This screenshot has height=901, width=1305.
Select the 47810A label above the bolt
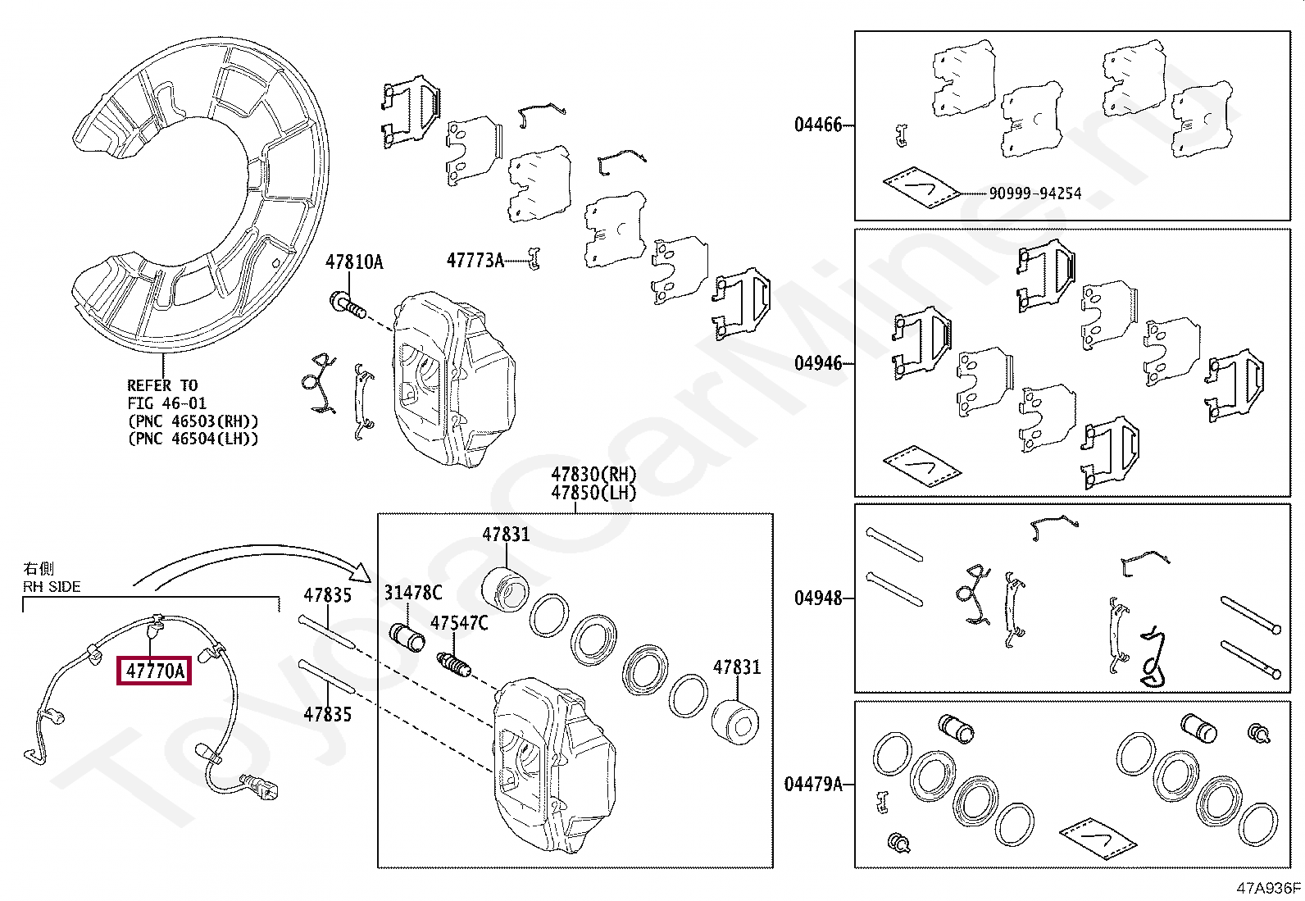(x=354, y=262)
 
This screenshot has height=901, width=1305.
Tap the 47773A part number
(x=475, y=261)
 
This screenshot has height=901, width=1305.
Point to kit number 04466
(x=817, y=125)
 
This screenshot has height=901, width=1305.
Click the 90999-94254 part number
(x=1034, y=194)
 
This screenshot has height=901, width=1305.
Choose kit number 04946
(x=817, y=363)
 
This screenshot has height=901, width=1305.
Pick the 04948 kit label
(x=817, y=598)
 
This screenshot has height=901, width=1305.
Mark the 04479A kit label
(x=813, y=785)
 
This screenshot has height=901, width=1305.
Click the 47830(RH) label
(x=593, y=474)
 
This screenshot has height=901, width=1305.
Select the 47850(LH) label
(x=593, y=493)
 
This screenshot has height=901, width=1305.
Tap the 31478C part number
(x=413, y=593)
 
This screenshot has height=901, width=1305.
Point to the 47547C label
(x=459, y=624)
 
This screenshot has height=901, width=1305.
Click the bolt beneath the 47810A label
(x=346, y=304)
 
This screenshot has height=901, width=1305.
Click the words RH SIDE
(x=52, y=587)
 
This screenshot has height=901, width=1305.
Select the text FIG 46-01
(x=166, y=403)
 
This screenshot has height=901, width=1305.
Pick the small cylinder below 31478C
(x=406, y=636)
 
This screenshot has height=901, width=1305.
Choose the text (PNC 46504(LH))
(x=192, y=439)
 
